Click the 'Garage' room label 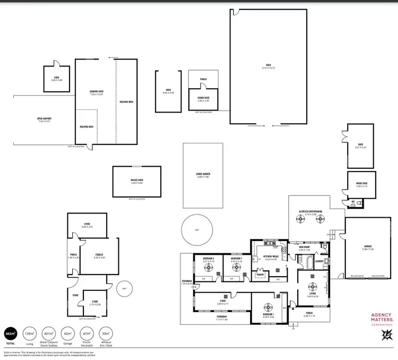coord(367,246)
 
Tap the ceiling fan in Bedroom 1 coord(268,305)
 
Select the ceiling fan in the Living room coord(312,290)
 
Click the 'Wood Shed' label coord(361,185)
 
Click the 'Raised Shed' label coord(137,181)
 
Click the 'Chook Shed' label coord(203,98)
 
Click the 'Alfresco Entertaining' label coord(308,197)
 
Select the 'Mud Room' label coord(304,248)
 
